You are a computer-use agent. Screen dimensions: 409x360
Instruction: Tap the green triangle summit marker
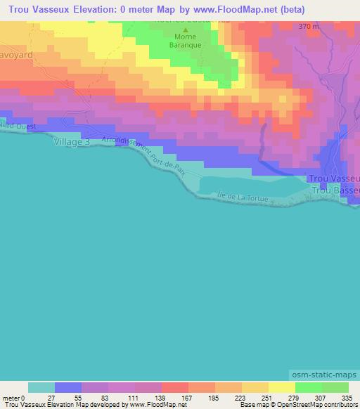click(186, 31)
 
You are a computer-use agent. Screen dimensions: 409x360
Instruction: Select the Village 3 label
click(72, 142)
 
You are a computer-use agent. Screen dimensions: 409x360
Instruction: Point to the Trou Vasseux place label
click(335, 179)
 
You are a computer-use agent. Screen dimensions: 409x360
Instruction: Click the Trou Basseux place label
click(335, 190)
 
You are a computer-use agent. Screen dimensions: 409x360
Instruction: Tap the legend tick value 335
click(347, 398)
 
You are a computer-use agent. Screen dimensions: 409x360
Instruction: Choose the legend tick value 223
click(242, 398)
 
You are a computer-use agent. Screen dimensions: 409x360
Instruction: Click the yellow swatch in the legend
click(281, 388)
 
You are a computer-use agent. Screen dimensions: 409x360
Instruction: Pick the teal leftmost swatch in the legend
click(41, 388)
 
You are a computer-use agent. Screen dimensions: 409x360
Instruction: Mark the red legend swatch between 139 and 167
click(174, 388)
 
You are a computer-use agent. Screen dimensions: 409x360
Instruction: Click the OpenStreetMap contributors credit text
click(321, 405)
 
